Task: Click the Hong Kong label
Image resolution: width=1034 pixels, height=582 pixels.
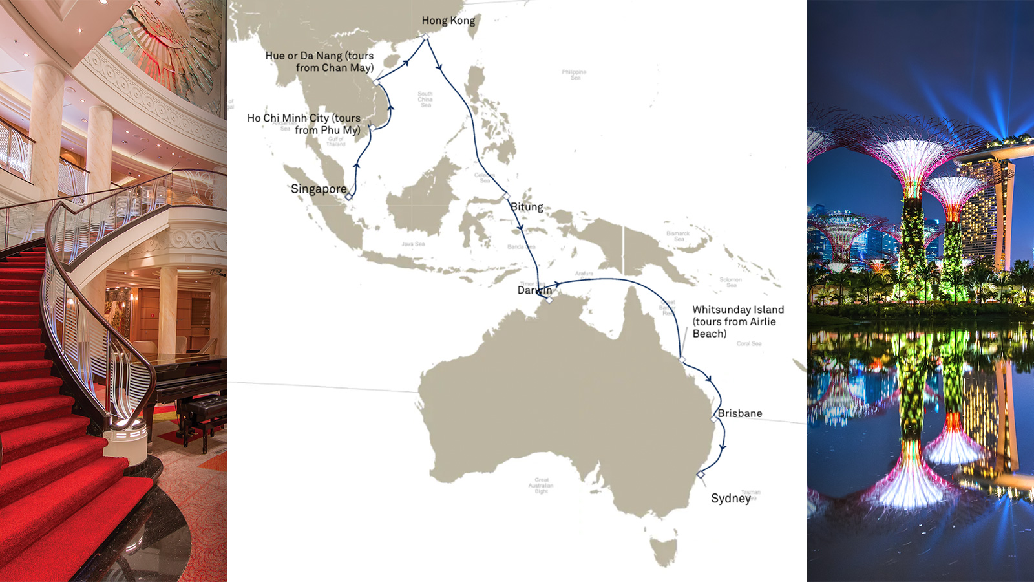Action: (x=448, y=21)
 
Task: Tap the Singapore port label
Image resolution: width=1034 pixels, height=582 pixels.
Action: (x=318, y=189)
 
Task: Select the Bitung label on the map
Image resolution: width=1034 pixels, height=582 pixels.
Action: (x=527, y=207)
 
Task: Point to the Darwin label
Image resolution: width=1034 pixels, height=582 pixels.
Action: (x=534, y=290)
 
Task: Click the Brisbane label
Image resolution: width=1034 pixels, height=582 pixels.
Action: (x=740, y=413)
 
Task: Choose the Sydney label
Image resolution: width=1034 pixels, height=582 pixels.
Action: (x=730, y=498)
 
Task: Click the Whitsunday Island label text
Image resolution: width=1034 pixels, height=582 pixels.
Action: (x=737, y=321)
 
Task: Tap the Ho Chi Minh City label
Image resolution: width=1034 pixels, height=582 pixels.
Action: (x=304, y=124)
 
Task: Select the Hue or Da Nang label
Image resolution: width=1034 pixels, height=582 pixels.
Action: (x=319, y=61)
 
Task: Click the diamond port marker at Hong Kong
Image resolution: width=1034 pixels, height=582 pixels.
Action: (x=425, y=38)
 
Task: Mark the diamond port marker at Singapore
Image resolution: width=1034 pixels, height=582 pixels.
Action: (x=349, y=197)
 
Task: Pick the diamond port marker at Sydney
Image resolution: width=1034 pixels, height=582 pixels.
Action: (x=701, y=475)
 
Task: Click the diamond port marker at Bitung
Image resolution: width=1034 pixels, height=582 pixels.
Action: (x=506, y=195)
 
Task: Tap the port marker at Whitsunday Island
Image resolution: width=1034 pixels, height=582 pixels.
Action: (x=682, y=360)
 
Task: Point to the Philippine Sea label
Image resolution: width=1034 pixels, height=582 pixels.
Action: (x=574, y=74)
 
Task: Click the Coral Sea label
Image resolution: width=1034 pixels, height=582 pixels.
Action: (x=749, y=343)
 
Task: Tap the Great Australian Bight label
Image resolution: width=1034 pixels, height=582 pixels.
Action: (x=541, y=486)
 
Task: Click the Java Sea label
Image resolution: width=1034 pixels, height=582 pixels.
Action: (x=413, y=244)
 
